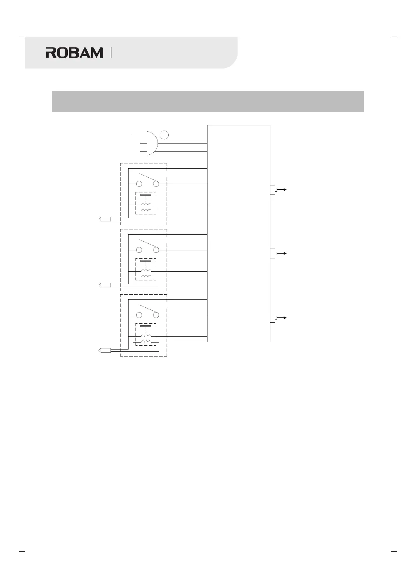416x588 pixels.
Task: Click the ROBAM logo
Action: point(74,53)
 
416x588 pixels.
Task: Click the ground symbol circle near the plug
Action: point(165,134)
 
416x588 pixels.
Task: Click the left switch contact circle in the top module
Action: point(139,184)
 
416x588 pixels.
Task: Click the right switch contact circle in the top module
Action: point(156,184)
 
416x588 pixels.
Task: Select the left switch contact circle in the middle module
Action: point(139,250)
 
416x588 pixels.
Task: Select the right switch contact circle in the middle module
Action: point(156,250)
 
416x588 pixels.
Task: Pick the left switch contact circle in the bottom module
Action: point(139,315)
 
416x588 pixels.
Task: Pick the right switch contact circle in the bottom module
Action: point(156,315)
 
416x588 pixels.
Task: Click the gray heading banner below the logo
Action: point(208,101)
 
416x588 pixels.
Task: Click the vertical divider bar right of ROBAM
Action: point(111,53)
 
